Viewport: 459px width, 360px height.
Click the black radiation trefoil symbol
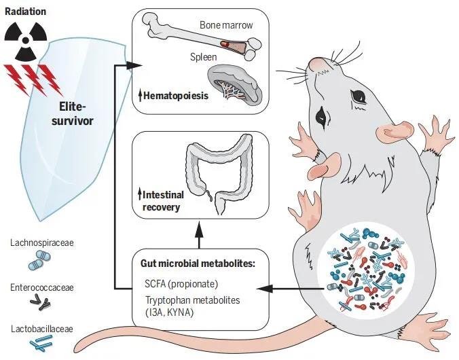pyautogui.click(x=26, y=41)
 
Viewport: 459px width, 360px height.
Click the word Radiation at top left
pyautogui.click(x=26, y=12)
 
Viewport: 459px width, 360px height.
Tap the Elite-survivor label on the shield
pyautogui.click(x=72, y=113)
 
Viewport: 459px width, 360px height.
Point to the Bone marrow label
pyautogui.click(x=226, y=25)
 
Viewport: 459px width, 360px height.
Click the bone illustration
pyautogui.click(x=202, y=37)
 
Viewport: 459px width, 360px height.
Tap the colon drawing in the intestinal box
pyautogui.click(x=219, y=173)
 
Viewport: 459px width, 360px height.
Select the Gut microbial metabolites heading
pyautogui.click(x=198, y=264)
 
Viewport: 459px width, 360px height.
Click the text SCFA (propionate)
pyautogui.click(x=181, y=284)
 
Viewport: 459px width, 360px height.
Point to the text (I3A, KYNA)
pyautogui.click(x=170, y=312)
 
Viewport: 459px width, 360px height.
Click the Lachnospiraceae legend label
pyautogui.click(x=42, y=243)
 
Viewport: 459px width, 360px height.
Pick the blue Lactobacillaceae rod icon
pyautogui.click(x=41, y=343)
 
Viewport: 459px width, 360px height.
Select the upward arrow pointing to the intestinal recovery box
pyautogui.click(x=200, y=235)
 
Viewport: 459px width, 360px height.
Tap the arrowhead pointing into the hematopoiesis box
pyautogui.click(x=134, y=65)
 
